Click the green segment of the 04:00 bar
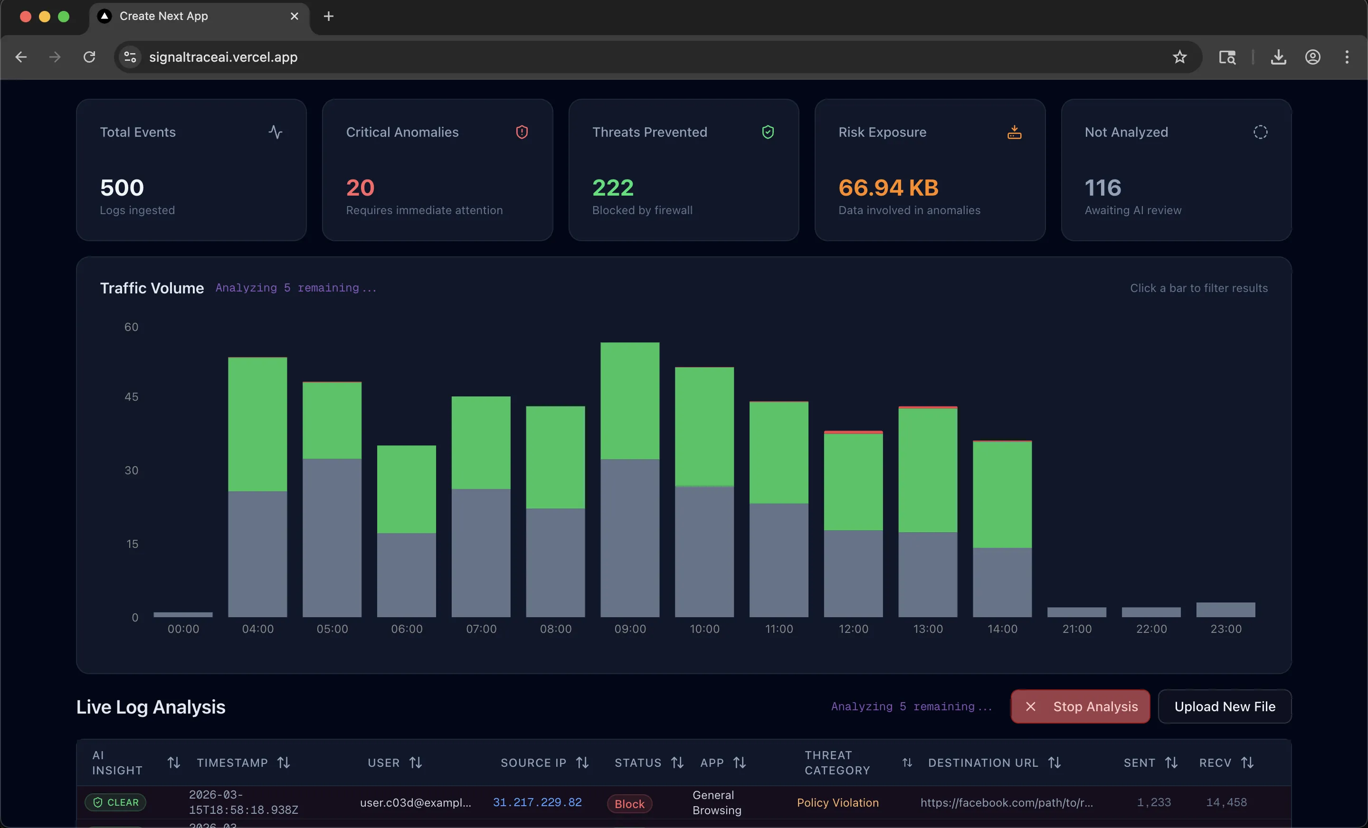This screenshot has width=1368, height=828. point(257,424)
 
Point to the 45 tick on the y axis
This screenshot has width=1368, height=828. point(132,397)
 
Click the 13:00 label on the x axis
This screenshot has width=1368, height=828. point(928,629)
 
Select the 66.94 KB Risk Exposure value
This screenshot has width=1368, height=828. point(888,188)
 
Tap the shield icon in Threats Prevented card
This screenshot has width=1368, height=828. point(768,132)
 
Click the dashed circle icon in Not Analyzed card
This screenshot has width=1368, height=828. point(1260,132)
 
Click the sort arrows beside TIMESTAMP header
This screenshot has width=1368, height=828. point(284,762)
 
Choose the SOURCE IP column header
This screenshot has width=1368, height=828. point(533,762)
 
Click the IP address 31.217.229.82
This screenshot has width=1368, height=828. point(537,802)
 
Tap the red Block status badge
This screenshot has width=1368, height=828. point(629,804)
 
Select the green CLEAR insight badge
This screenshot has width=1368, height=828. point(115,802)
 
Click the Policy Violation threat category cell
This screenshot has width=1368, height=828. point(837,802)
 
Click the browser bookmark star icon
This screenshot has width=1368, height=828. point(1179,56)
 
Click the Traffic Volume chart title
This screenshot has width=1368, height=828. point(152,288)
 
